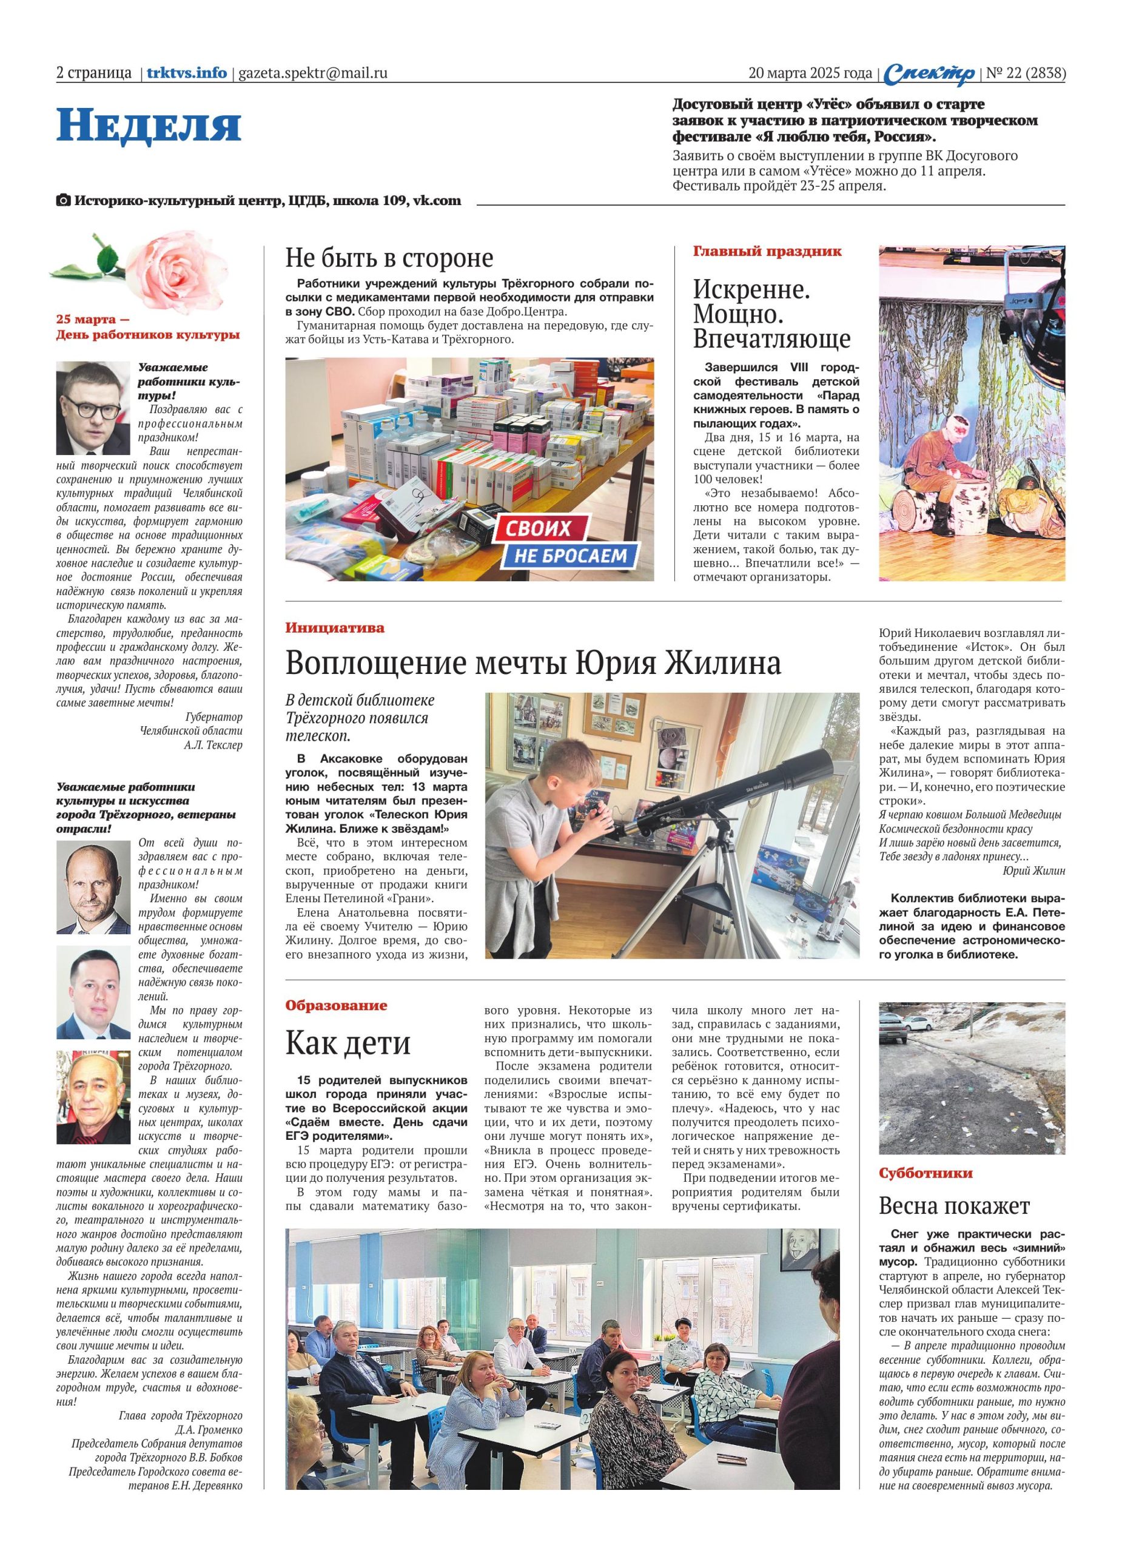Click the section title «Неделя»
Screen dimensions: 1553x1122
(149, 126)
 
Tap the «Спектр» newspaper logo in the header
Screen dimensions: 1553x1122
(929, 74)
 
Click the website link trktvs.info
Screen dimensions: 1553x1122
(186, 73)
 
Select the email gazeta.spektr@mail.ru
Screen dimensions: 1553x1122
(313, 73)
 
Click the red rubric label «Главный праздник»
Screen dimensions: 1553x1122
(767, 251)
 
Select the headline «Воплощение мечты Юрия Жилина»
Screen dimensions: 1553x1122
(532, 663)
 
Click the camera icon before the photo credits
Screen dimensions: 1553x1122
(63, 201)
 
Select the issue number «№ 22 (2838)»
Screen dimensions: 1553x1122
(1025, 73)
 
